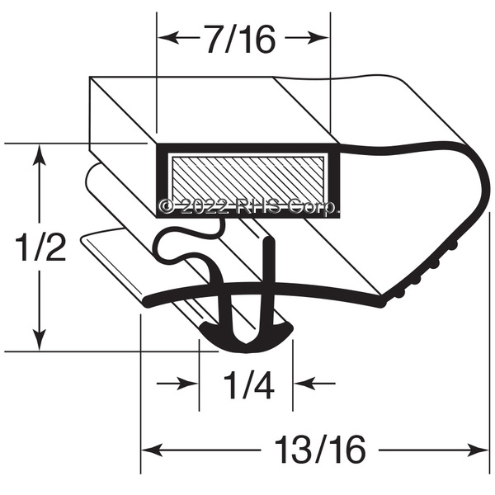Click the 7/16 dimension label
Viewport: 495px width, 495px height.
240,39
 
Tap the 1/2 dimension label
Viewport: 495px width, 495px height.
40,247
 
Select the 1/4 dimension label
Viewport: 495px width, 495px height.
248,384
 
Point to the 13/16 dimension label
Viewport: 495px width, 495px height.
320,450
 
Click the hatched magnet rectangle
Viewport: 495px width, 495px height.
247,180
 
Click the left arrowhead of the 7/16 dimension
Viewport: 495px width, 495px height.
167,38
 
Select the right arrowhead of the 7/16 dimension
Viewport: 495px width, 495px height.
320,38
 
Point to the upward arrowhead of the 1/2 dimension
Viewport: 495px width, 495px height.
39,154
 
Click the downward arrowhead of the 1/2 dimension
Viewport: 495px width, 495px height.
39,340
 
